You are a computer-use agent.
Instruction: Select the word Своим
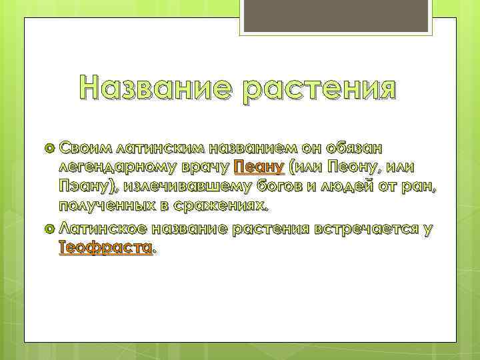(85, 146)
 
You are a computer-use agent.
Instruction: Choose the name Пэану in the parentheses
(84, 186)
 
